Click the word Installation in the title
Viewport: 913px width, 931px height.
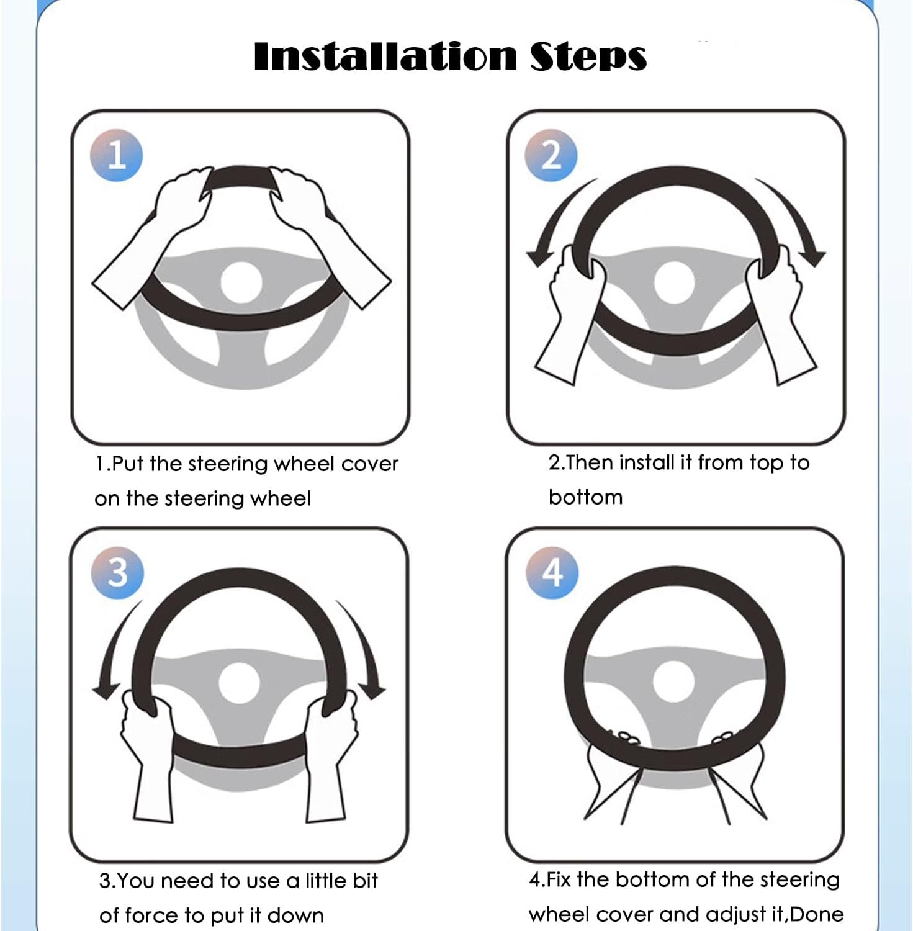click(385, 56)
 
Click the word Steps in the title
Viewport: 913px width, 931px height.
click(588, 57)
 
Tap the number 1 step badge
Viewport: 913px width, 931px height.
click(117, 155)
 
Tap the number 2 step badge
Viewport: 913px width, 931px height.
click(551, 155)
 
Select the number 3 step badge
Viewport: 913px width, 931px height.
click(117, 572)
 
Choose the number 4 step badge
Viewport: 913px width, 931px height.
click(552, 572)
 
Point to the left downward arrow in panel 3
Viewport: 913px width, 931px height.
click(112, 645)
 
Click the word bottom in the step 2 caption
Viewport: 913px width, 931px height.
click(585, 497)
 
